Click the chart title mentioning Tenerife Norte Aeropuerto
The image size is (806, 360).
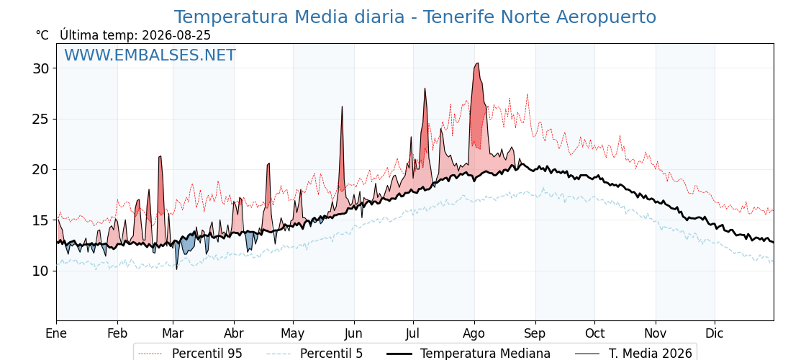click(415, 17)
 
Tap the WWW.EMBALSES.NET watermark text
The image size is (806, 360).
click(150, 55)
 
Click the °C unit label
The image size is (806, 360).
click(42, 35)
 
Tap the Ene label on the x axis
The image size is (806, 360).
click(56, 333)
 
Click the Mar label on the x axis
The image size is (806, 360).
click(173, 333)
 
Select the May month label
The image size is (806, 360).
click(293, 334)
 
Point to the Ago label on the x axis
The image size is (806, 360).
click(474, 334)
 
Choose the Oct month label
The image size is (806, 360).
click(594, 333)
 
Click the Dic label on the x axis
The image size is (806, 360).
click(715, 333)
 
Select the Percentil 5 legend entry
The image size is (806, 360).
click(315, 354)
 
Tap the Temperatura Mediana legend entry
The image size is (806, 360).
click(468, 354)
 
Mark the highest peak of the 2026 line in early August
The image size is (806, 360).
click(478, 63)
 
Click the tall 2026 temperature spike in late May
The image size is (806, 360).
click(342, 107)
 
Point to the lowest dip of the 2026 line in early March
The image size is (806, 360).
click(177, 269)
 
